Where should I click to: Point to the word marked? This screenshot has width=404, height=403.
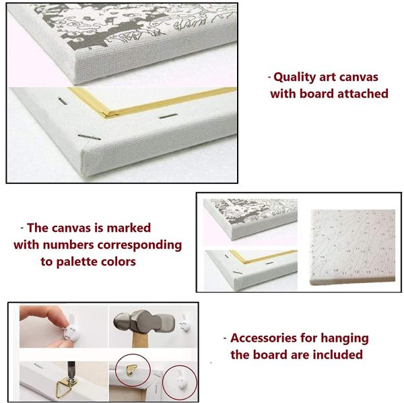[x=129, y=228]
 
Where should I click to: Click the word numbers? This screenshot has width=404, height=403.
[x=68, y=245]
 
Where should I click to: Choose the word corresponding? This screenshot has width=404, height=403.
[x=139, y=245]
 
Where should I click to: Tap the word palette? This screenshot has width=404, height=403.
[x=77, y=262]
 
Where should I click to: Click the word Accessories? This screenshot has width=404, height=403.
[x=263, y=338]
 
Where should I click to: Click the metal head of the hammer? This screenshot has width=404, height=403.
[x=144, y=323]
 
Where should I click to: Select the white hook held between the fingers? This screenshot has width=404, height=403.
[x=71, y=327]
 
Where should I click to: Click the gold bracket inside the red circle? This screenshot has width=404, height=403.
[x=129, y=371]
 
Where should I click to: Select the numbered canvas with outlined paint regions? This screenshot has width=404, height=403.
[x=352, y=247]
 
